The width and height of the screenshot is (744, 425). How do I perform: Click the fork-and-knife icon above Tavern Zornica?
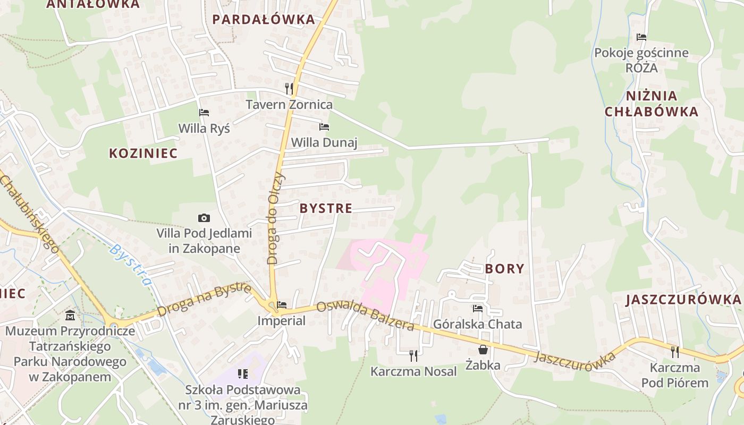point(289,88)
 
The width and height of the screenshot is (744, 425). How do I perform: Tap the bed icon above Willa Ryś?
point(204,113)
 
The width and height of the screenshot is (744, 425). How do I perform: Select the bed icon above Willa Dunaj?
point(324,127)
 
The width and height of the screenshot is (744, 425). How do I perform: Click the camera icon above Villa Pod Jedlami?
point(204,218)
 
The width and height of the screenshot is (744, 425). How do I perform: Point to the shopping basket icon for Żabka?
point(483,350)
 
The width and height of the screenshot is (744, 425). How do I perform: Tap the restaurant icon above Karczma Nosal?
point(413,355)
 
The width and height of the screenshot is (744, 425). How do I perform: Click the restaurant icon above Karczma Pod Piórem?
point(675,352)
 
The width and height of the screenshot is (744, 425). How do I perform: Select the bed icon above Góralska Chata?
point(478,308)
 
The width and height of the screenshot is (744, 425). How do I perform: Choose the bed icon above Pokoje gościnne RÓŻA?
point(641,37)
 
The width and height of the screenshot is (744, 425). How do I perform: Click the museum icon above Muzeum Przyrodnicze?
point(70,316)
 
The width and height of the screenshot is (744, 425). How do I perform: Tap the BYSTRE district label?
point(326,208)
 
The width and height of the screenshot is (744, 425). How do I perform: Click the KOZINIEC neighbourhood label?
point(143,154)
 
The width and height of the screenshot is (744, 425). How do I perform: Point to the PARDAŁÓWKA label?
point(264,20)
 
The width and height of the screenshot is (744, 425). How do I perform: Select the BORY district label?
point(504,269)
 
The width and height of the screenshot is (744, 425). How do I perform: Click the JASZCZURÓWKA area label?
point(683,300)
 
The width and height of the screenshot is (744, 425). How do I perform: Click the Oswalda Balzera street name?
point(365,316)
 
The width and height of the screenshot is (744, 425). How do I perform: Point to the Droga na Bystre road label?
point(204,300)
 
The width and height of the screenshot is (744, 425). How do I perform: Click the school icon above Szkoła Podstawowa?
point(243,374)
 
